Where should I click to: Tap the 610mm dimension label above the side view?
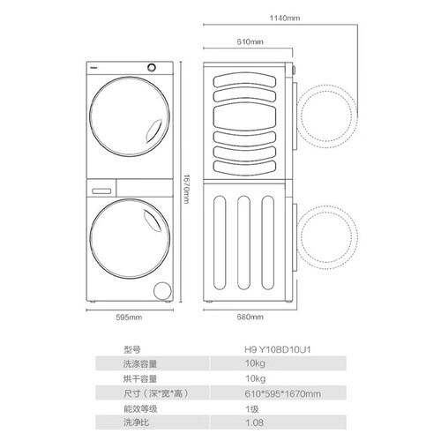(250, 41)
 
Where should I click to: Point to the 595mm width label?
(129, 318)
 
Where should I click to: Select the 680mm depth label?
(250, 317)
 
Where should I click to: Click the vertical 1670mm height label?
(186, 189)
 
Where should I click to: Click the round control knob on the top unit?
(152, 68)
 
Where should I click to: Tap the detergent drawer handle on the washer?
(101, 191)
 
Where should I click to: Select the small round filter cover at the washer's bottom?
(162, 291)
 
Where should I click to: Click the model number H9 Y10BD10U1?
(278, 349)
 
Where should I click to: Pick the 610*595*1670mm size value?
(282, 393)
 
